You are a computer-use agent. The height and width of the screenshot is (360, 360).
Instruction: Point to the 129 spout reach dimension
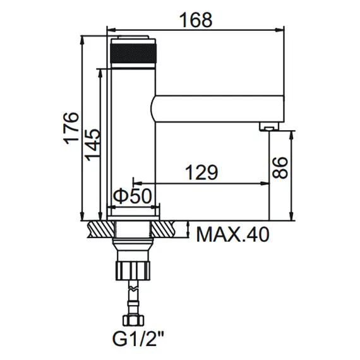pyautogui.click(x=201, y=172)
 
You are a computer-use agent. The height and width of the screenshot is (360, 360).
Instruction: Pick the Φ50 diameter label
pyautogui.click(x=133, y=196)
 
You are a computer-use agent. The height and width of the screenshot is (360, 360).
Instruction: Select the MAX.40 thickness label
pyautogui.click(x=232, y=234)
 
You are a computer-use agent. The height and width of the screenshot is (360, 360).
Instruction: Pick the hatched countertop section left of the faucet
pyautogui.click(x=100, y=229)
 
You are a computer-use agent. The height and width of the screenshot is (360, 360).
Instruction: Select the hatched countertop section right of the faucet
pyautogui.click(x=166, y=229)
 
